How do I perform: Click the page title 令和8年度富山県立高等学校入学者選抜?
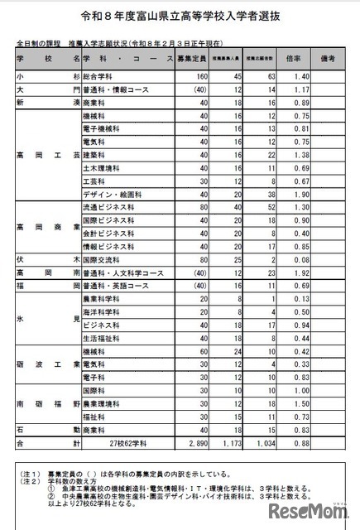pyautogui.click(x=180, y=16)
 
